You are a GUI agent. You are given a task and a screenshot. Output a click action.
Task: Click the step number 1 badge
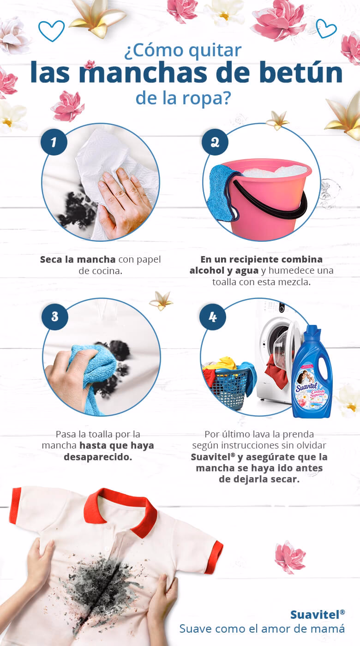(54, 142)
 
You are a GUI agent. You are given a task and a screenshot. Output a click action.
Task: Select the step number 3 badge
(54, 316)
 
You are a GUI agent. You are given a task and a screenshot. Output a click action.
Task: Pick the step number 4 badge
(212, 317)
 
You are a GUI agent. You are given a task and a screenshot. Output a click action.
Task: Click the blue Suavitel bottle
(312, 374)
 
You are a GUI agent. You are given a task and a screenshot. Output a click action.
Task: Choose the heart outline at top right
(326, 28)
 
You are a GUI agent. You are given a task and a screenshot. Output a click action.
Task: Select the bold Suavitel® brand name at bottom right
(317, 614)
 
